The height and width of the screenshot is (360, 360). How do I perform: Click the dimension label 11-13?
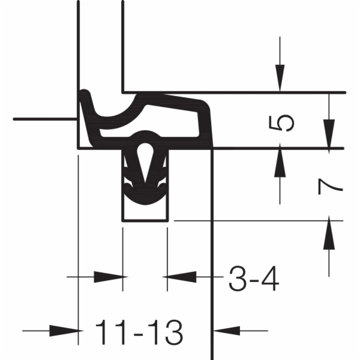(139, 332)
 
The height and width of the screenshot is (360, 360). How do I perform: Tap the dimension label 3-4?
(254, 278)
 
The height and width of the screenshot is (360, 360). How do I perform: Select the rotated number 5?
(281, 123)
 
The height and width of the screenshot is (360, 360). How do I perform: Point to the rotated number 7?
(331, 187)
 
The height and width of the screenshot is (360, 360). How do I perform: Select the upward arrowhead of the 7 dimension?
(329, 232)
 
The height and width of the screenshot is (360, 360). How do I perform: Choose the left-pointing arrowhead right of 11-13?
(227, 331)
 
